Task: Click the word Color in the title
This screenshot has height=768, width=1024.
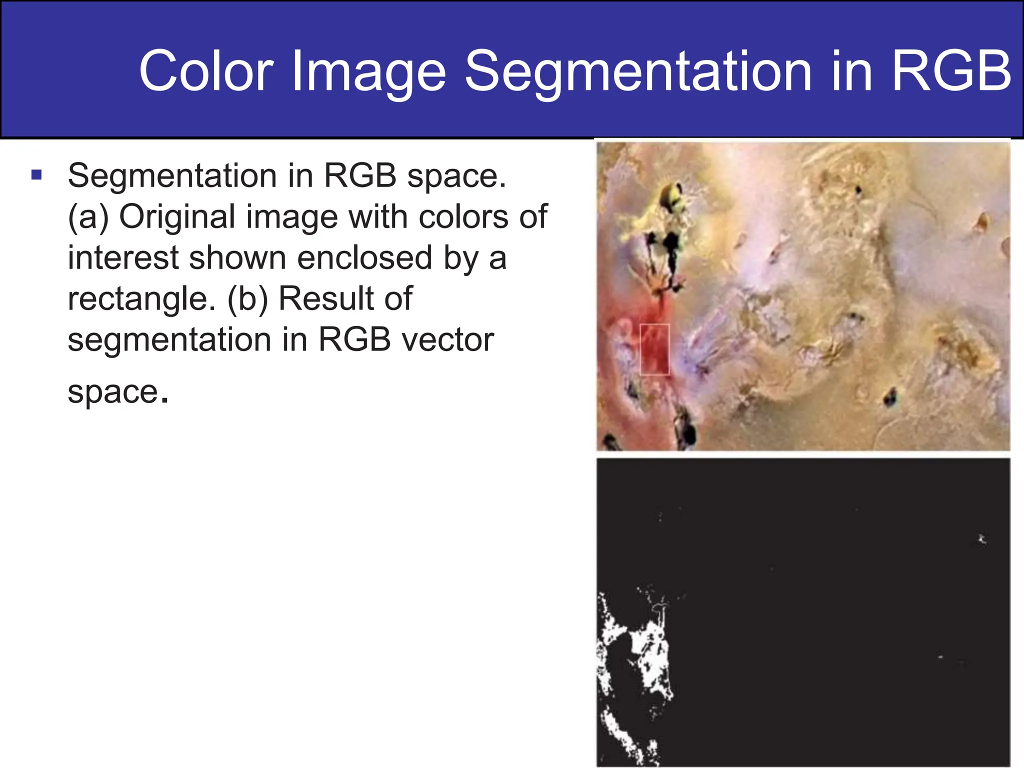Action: [206, 71]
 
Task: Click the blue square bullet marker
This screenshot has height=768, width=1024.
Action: [36, 175]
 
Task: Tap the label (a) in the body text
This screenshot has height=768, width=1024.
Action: [88, 217]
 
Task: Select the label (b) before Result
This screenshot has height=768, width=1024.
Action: [247, 299]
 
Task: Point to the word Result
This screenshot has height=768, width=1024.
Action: [345, 298]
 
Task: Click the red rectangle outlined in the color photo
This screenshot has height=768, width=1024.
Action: [654, 349]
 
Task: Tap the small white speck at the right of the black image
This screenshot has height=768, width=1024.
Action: [981, 539]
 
